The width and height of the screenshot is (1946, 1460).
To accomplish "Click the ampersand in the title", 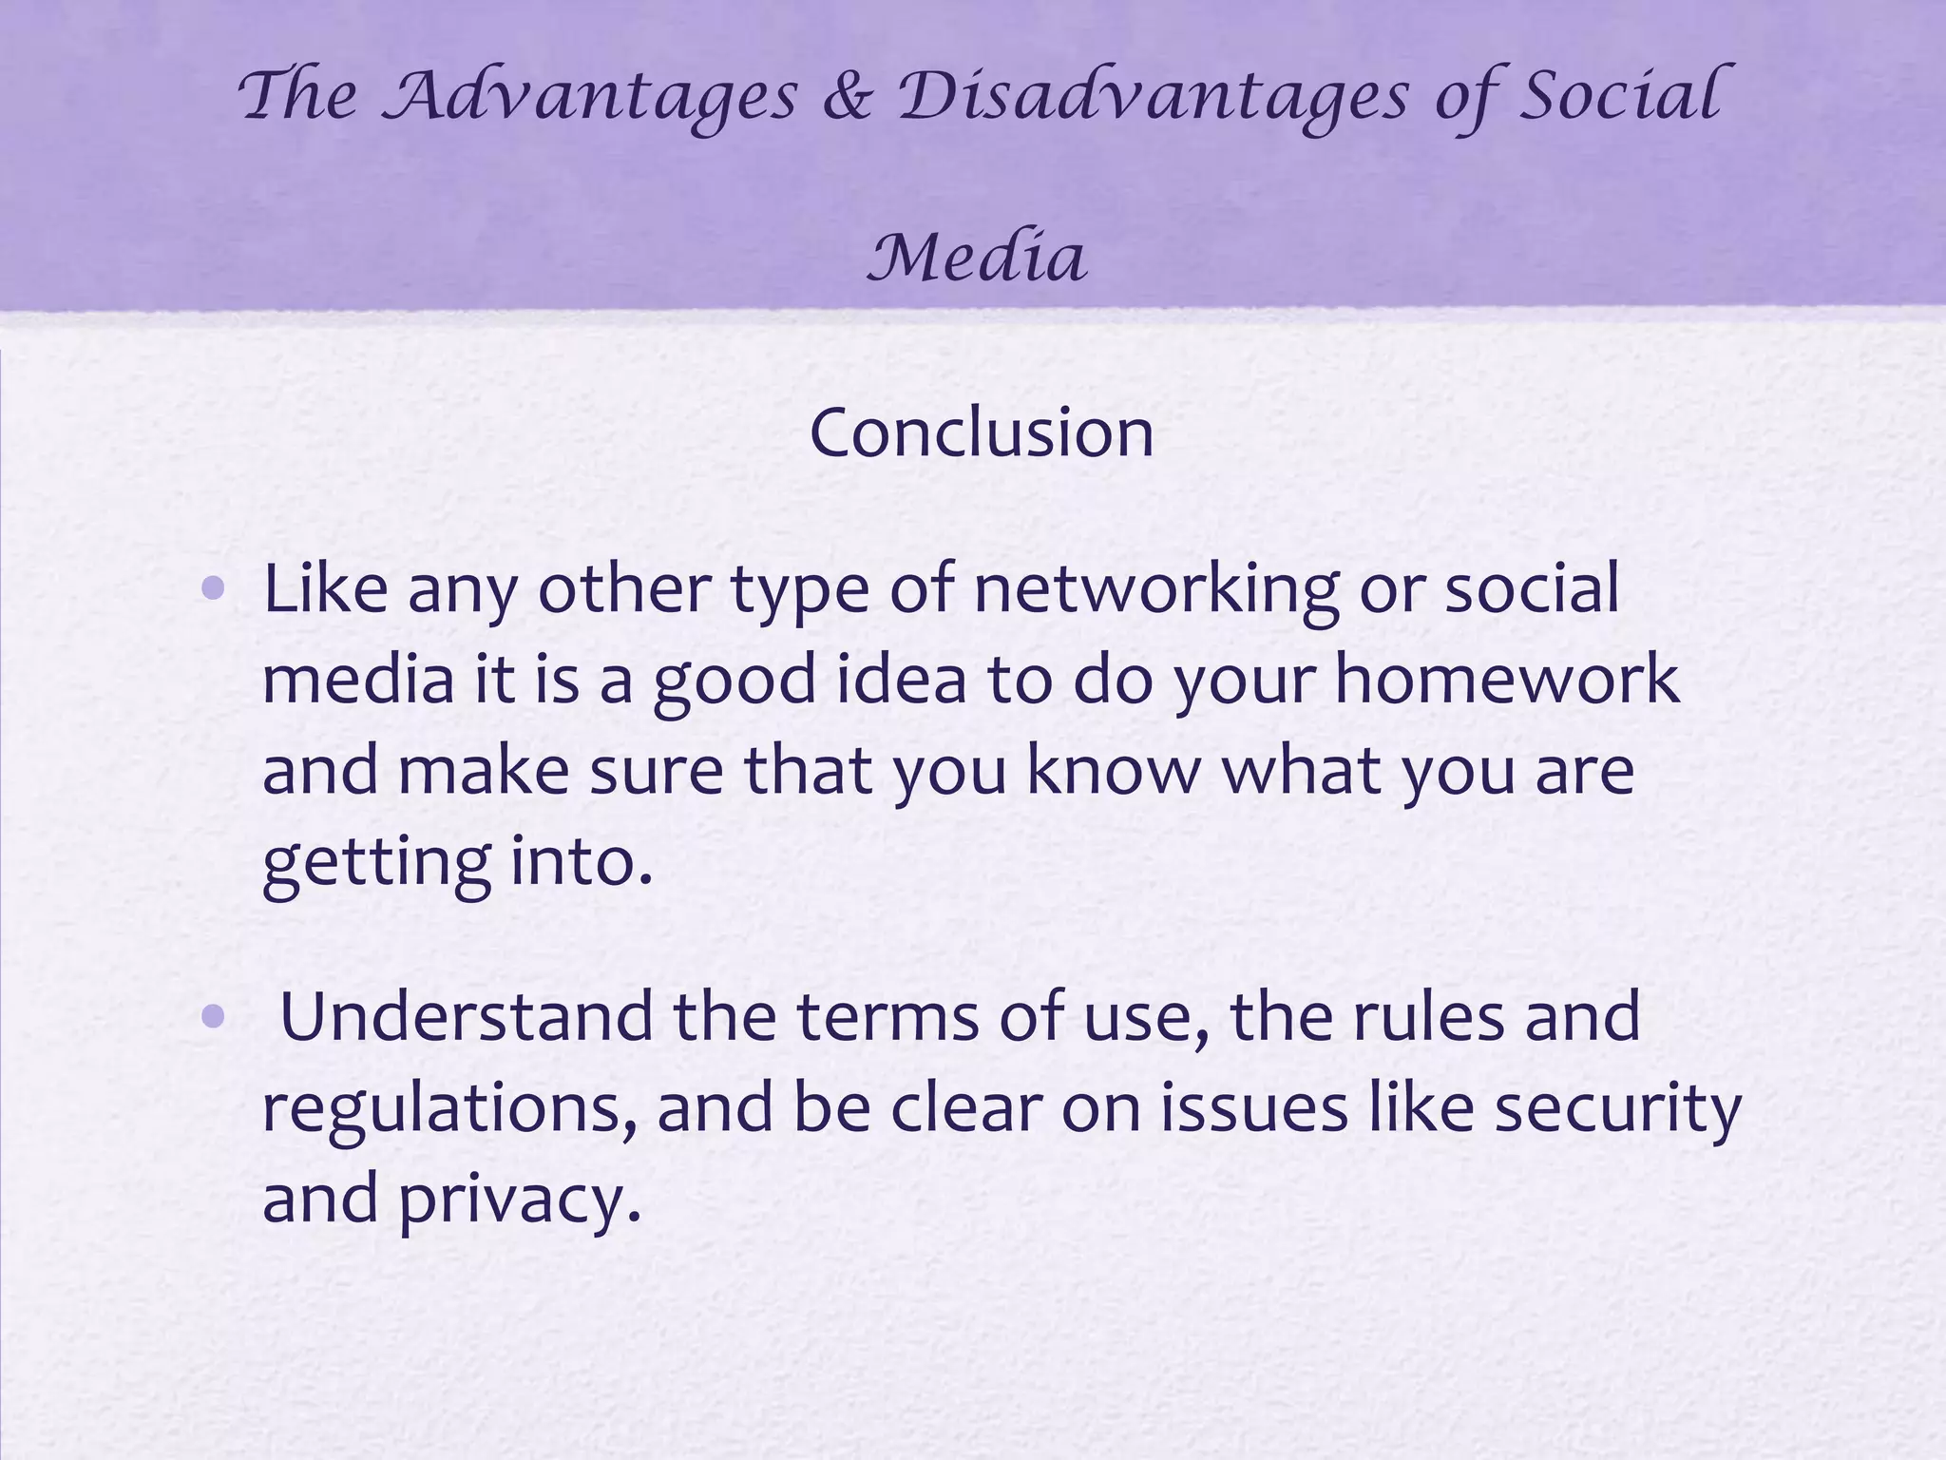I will (x=847, y=97).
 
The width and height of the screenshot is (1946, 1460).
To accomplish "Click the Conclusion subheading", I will (x=982, y=432).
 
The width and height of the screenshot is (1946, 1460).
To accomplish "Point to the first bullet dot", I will (x=214, y=589).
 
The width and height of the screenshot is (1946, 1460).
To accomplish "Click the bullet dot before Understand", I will (x=214, y=1018).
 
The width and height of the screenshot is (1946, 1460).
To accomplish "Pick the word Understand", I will (x=467, y=1016).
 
